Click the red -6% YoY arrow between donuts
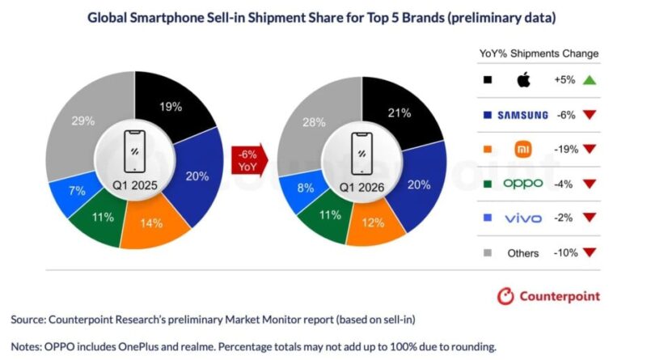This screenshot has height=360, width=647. click(247, 160)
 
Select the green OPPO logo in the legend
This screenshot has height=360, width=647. click(522, 184)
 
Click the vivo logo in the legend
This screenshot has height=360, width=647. click(522, 218)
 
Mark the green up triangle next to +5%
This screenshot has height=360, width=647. click(588, 80)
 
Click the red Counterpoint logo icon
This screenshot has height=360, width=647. click(505, 296)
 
